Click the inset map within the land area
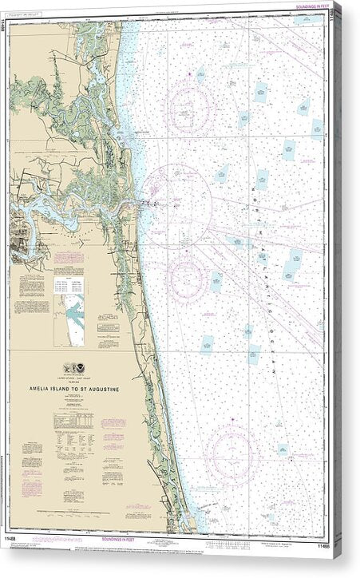74,319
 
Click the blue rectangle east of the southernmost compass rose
283,450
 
